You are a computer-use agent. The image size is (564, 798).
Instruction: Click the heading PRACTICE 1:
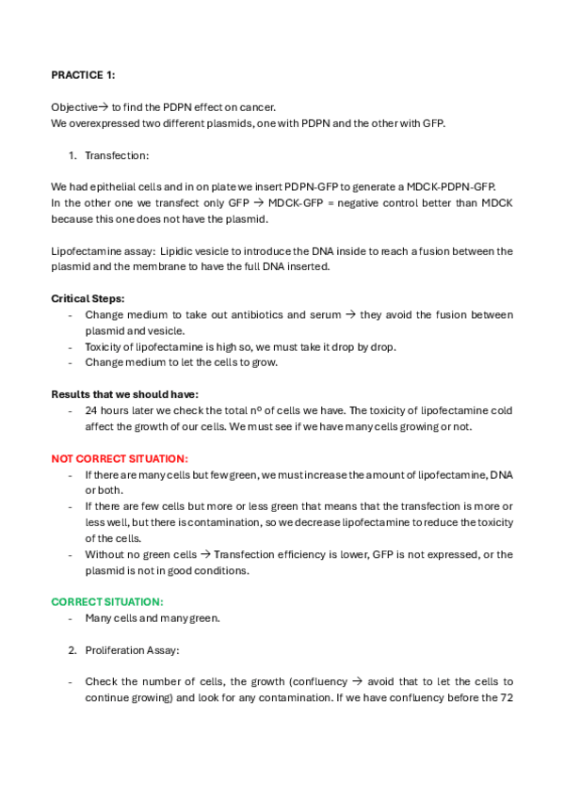[83, 75]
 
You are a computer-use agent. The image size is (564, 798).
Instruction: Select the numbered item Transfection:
[117, 155]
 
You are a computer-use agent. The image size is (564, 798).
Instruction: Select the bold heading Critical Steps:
[88, 298]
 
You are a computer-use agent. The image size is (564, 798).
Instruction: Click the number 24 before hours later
[91, 410]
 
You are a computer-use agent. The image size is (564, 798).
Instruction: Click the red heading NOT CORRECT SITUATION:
[120, 458]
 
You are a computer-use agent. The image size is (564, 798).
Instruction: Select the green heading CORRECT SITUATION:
[107, 601]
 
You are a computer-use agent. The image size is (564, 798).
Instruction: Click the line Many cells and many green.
[153, 618]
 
